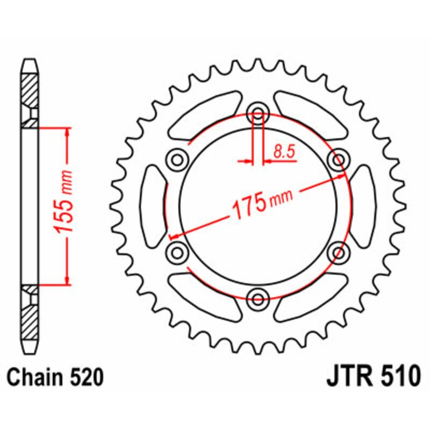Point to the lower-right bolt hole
pyautogui.click(x=339, y=251)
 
